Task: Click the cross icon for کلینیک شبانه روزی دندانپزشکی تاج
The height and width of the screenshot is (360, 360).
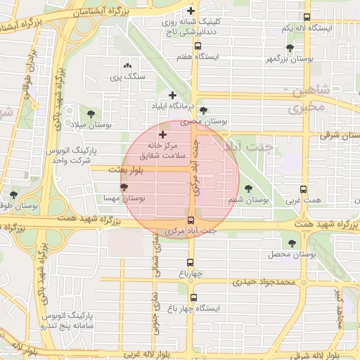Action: tap(191, 11)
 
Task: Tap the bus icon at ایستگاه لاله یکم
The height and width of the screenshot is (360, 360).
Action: tap(306, 18)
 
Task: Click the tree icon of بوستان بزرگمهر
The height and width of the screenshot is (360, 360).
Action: tap(290, 48)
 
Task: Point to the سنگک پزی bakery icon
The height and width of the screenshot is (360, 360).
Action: tap(127, 65)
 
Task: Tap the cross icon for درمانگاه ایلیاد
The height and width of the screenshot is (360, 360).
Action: tap(172, 95)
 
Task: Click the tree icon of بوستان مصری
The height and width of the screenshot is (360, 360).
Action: tap(203, 110)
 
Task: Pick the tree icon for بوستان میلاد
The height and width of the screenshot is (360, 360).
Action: tap(90, 113)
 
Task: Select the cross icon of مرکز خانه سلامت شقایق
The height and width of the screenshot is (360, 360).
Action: tap(163, 134)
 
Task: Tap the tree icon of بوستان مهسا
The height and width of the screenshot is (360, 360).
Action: tap(124, 187)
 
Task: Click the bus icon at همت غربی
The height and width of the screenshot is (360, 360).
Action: tap(303, 189)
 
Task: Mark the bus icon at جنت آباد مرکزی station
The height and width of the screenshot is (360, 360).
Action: tap(191, 220)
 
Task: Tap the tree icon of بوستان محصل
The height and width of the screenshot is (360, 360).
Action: tap(292, 243)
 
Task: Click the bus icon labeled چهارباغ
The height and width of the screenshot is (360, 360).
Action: tap(189, 264)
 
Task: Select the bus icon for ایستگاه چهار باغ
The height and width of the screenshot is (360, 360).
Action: tap(194, 297)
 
